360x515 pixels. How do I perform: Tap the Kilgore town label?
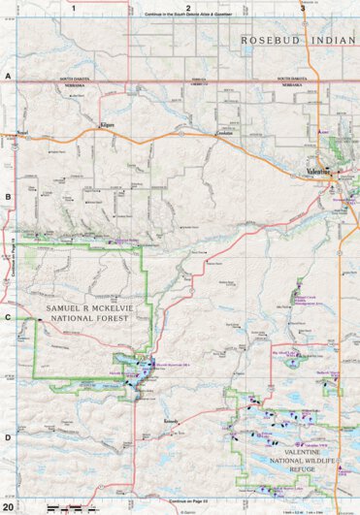click(107, 125)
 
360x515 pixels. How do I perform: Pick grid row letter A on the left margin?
click(7, 75)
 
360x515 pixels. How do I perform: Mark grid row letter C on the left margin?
click(7, 316)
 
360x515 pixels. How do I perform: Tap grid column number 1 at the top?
click(74, 6)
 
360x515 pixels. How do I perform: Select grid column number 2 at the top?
click(187, 6)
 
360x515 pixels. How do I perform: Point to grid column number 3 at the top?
click(287, 6)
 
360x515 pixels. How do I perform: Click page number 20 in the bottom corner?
click(8, 507)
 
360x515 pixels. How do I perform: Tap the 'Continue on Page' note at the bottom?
click(188, 501)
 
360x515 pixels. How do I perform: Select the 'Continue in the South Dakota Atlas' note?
click(187, 15)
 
